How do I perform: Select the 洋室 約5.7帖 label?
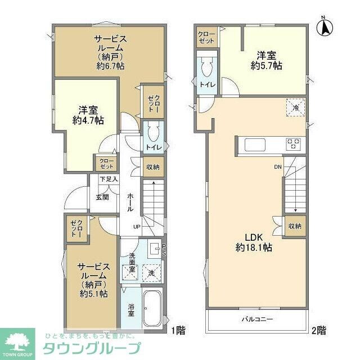pos(267,60)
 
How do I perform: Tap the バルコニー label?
pos(258,319)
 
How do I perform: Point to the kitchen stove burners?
pos(294,143)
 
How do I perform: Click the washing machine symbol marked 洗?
pos(151,273)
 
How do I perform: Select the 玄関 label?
pos(102,197)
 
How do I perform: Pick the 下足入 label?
pos(108,179)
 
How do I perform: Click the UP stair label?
pos(137,226)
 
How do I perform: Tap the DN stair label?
pos(278,166)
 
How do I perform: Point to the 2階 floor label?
pos(319,330)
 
